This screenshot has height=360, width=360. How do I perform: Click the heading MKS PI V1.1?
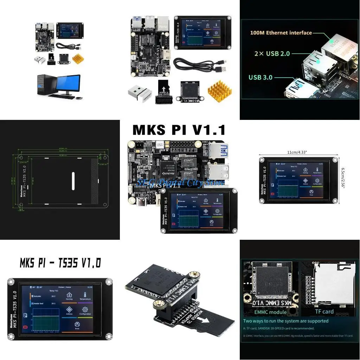pos(179,130)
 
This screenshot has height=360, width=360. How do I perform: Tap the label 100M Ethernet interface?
pos(281,33)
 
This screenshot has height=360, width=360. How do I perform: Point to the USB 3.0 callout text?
pos(261,77)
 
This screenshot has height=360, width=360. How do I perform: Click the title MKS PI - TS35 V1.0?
pos(60,263)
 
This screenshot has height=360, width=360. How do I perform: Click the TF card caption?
pos(324,311)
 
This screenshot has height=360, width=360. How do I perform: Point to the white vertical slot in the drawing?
pos(73,181)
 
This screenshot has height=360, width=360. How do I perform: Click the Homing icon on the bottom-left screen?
pos(69,295)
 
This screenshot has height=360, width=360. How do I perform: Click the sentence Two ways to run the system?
pos(286,321)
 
